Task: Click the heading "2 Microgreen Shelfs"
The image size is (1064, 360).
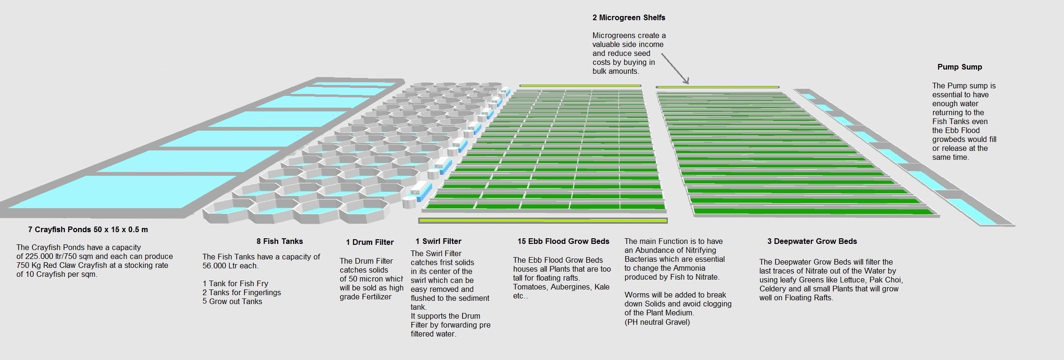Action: tap(628, 18)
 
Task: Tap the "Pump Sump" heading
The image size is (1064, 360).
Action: tap(959, 67)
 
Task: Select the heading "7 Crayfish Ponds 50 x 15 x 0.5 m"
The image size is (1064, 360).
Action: tap(88, 230)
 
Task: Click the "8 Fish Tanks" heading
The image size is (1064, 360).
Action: tap(280, 242)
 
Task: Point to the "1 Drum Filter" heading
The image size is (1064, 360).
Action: tap(369, 243)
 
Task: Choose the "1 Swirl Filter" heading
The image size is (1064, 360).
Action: tap(438, 242)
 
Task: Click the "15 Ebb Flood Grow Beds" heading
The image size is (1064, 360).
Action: tap(563, 242)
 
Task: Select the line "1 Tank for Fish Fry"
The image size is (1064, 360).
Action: tap(235, 284)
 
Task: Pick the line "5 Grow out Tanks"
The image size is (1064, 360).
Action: tap(232, 302)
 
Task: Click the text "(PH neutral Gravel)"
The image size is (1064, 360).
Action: tap(657, 322)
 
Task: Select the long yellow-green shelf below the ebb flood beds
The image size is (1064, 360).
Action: tap(542, 220)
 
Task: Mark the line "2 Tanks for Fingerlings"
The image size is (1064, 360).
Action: tap(242, 293)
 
